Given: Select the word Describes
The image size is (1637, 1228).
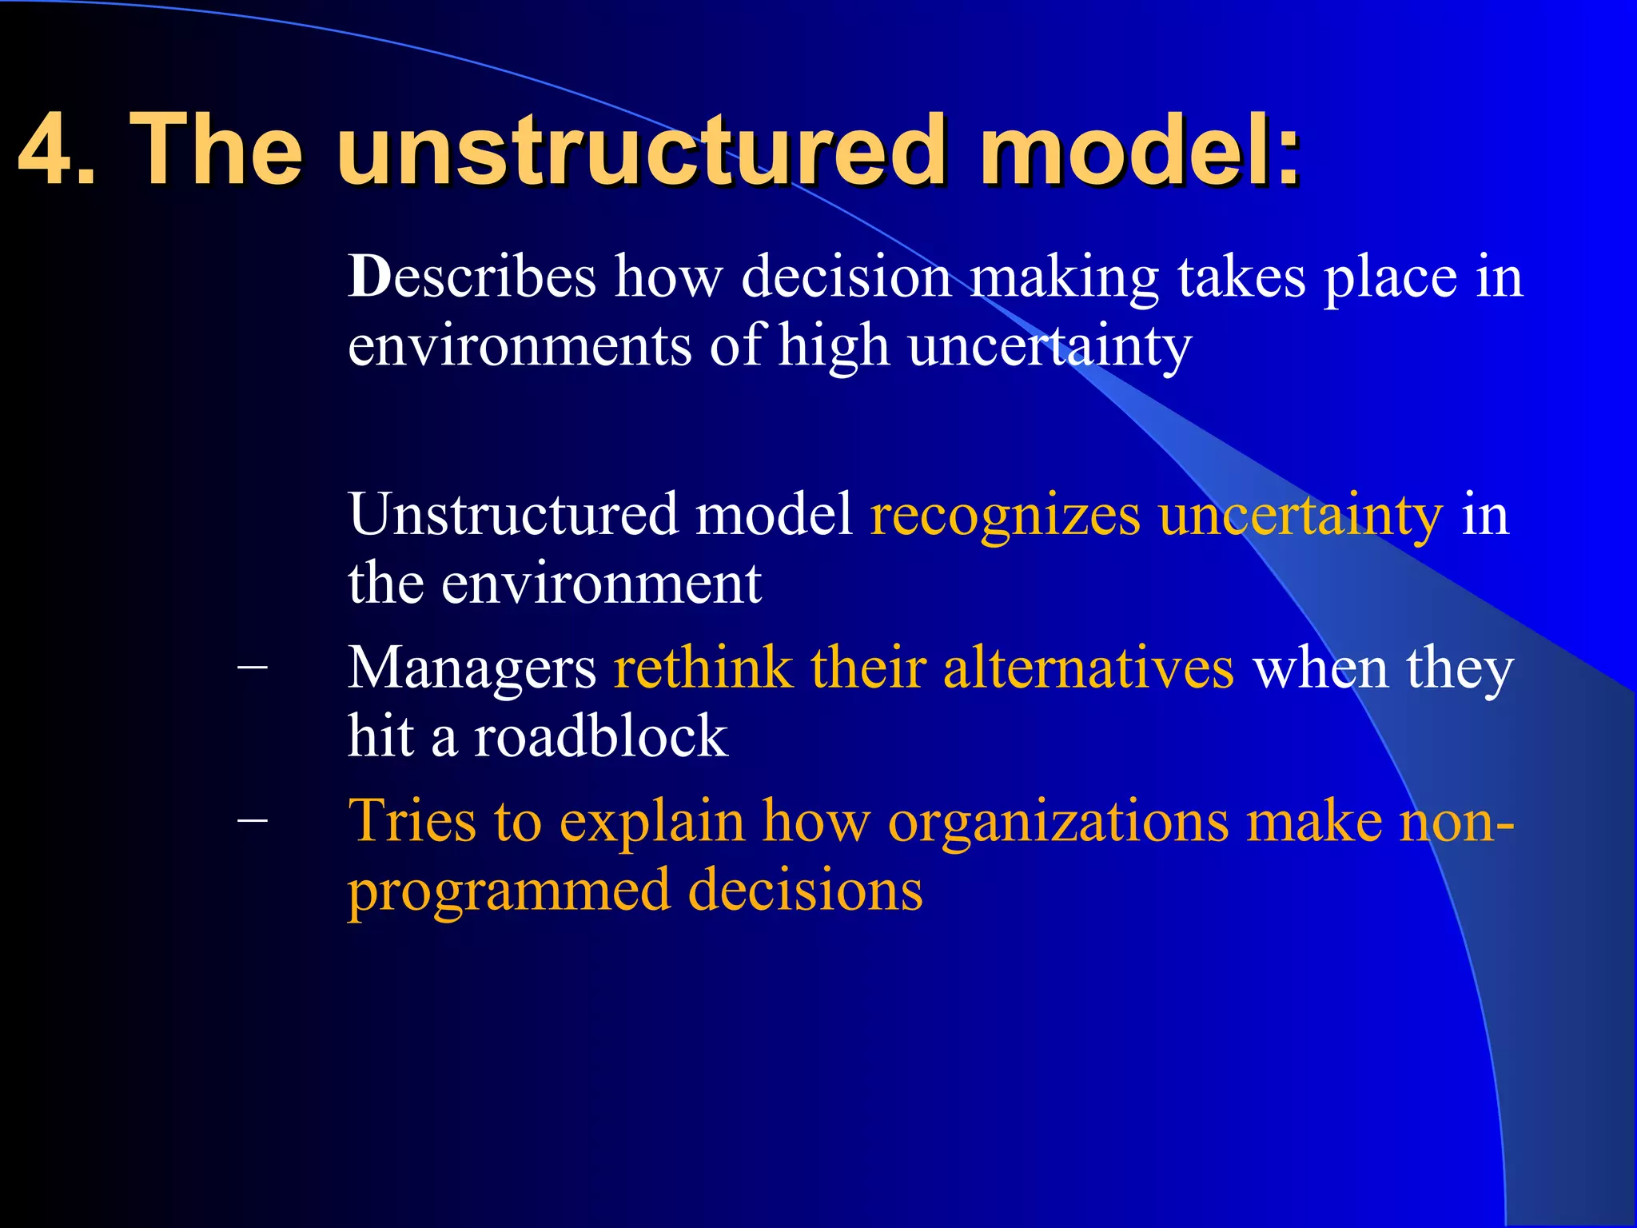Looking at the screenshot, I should [472, 277].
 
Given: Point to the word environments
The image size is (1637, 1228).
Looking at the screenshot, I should [520, 346].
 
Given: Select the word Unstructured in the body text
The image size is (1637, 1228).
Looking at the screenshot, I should [512, 514].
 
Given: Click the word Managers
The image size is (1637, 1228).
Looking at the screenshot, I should [472, 669].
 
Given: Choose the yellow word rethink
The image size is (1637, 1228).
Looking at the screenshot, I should [702, 668].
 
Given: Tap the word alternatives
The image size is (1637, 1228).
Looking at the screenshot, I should [1088, 668].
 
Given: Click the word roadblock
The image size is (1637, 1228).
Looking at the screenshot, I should [600, 736].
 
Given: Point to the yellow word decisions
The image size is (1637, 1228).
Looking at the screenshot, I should [805, 891].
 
